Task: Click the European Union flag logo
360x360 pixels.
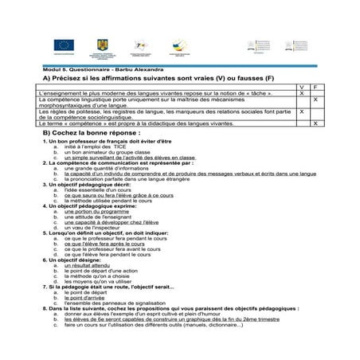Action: (x=64, y=46)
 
